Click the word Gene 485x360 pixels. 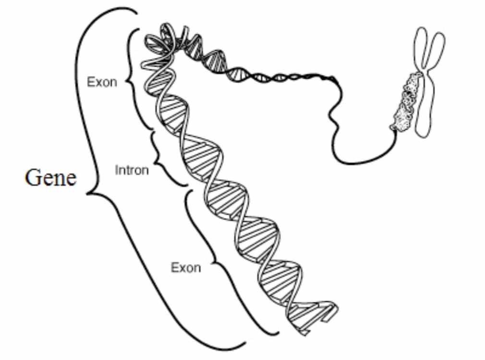[x=51, y=178]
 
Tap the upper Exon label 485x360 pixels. [x=102, y=82]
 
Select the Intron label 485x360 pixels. [x=132, y=170]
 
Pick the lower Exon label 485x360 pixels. [x=185, y=268]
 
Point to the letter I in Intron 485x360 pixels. [x=116, y=170]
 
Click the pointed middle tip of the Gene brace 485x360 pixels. [x=87, y=194]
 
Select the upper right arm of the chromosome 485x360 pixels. [x=436, y=50]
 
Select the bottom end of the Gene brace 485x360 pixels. [x=245, y=343]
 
